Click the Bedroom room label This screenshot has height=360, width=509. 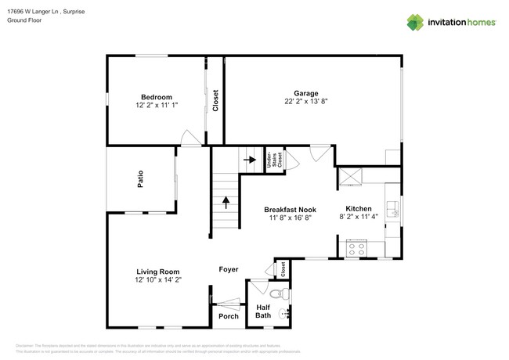[x=156, y=96]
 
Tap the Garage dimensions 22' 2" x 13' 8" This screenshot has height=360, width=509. [x=306, y=100]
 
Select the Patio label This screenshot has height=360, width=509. [x=140, y=181]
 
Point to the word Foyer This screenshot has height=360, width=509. [x=228, y=269]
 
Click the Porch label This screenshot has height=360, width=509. [x=228, y=316]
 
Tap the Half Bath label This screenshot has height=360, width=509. [x=264, y=312]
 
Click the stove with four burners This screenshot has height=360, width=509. [x=357, y=250]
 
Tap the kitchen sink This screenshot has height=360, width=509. [x=394, y=208]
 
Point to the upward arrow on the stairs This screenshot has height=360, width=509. [x=226, y=201]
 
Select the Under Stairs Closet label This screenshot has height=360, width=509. [x=271, y=160]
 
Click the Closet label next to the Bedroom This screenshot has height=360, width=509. [x=215, y=100]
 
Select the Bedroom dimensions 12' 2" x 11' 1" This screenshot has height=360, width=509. [x=156, y=105]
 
